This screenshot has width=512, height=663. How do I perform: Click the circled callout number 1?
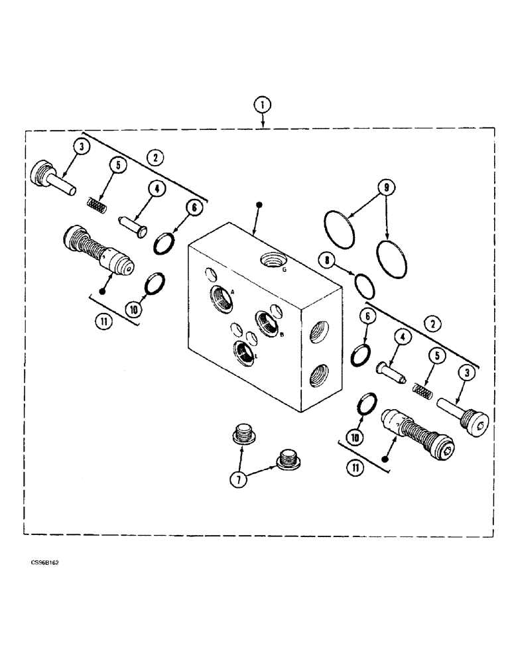click(263, 105)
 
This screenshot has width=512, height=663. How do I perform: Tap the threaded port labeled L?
click(245, 352)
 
